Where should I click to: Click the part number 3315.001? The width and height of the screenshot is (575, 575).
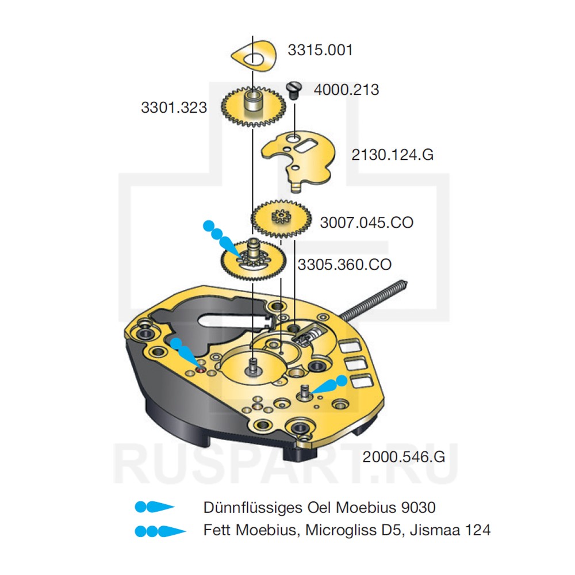(320, 50)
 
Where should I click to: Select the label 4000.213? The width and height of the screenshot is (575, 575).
(346, 90)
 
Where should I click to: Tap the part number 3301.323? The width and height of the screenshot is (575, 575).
(174, 107)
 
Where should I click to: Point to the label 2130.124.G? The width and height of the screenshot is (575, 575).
(393, 155)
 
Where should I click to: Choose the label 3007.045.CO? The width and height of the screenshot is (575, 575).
(366, 223)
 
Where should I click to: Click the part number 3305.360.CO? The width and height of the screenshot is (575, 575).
(344, 264)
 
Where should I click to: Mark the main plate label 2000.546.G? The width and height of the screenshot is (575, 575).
(404, 457)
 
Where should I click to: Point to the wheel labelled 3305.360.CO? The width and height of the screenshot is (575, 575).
(252, 260)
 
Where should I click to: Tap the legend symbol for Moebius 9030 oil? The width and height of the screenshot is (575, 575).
(154, 507)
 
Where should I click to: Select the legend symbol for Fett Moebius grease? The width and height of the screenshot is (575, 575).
(159, 530)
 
